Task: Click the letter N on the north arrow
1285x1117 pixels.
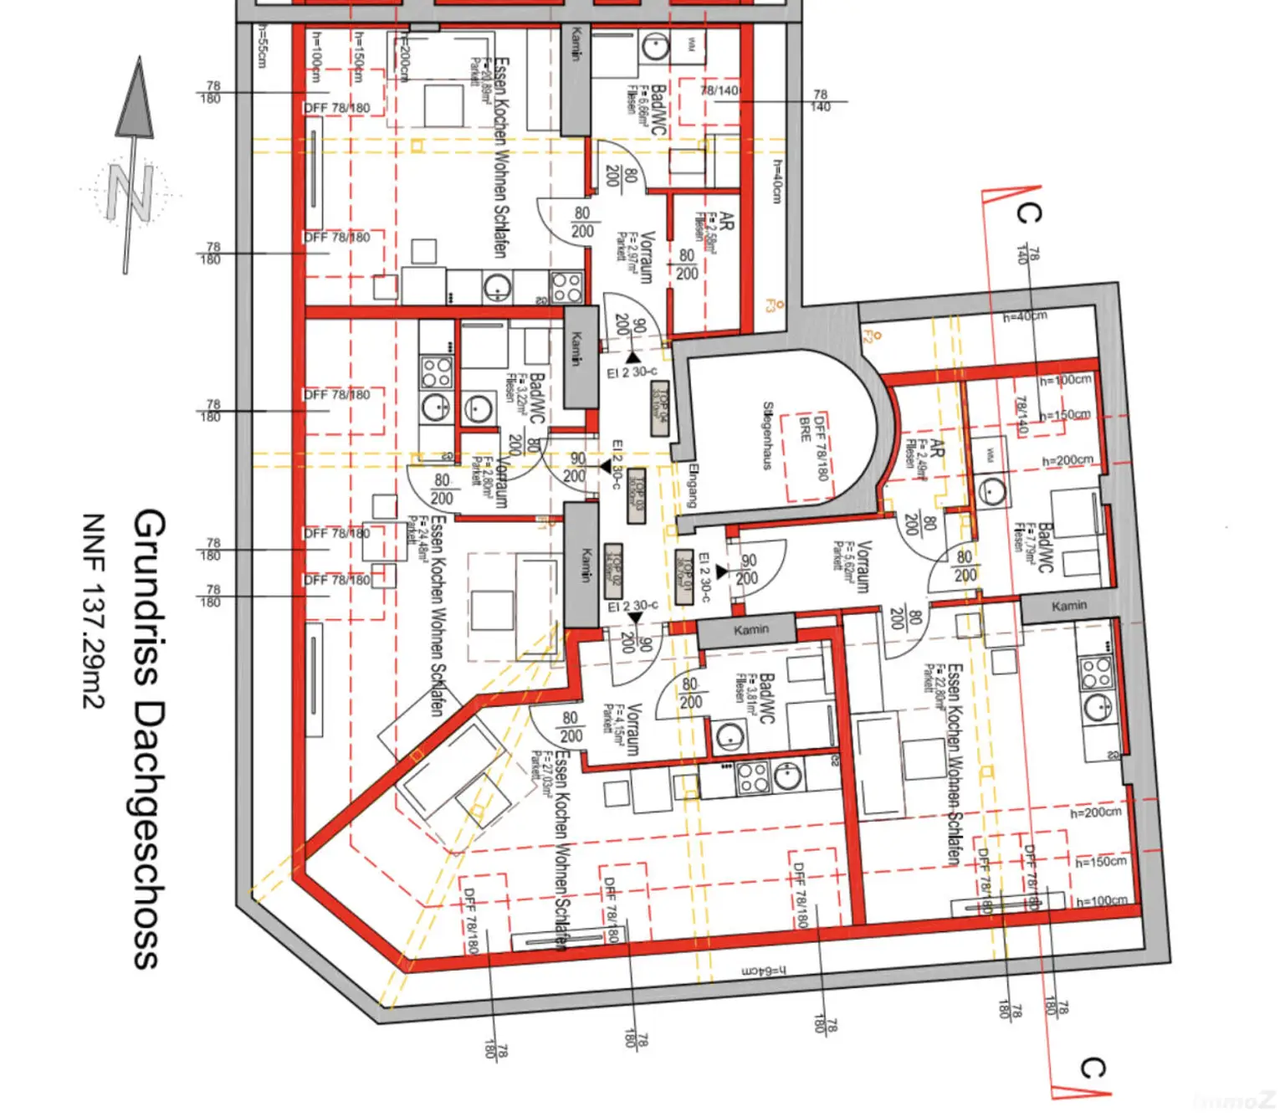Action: point(131,192)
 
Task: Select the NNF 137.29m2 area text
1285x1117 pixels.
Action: point(93,611)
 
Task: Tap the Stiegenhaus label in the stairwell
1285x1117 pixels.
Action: point(767,436)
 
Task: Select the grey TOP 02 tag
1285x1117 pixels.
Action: point(613,570)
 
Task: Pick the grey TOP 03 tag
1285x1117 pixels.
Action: point(637,495)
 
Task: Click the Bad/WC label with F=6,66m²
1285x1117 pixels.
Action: point(658,110)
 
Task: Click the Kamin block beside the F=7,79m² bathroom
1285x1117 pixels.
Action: point(1069,606)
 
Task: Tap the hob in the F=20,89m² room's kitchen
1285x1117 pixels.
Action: point(566,288)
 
